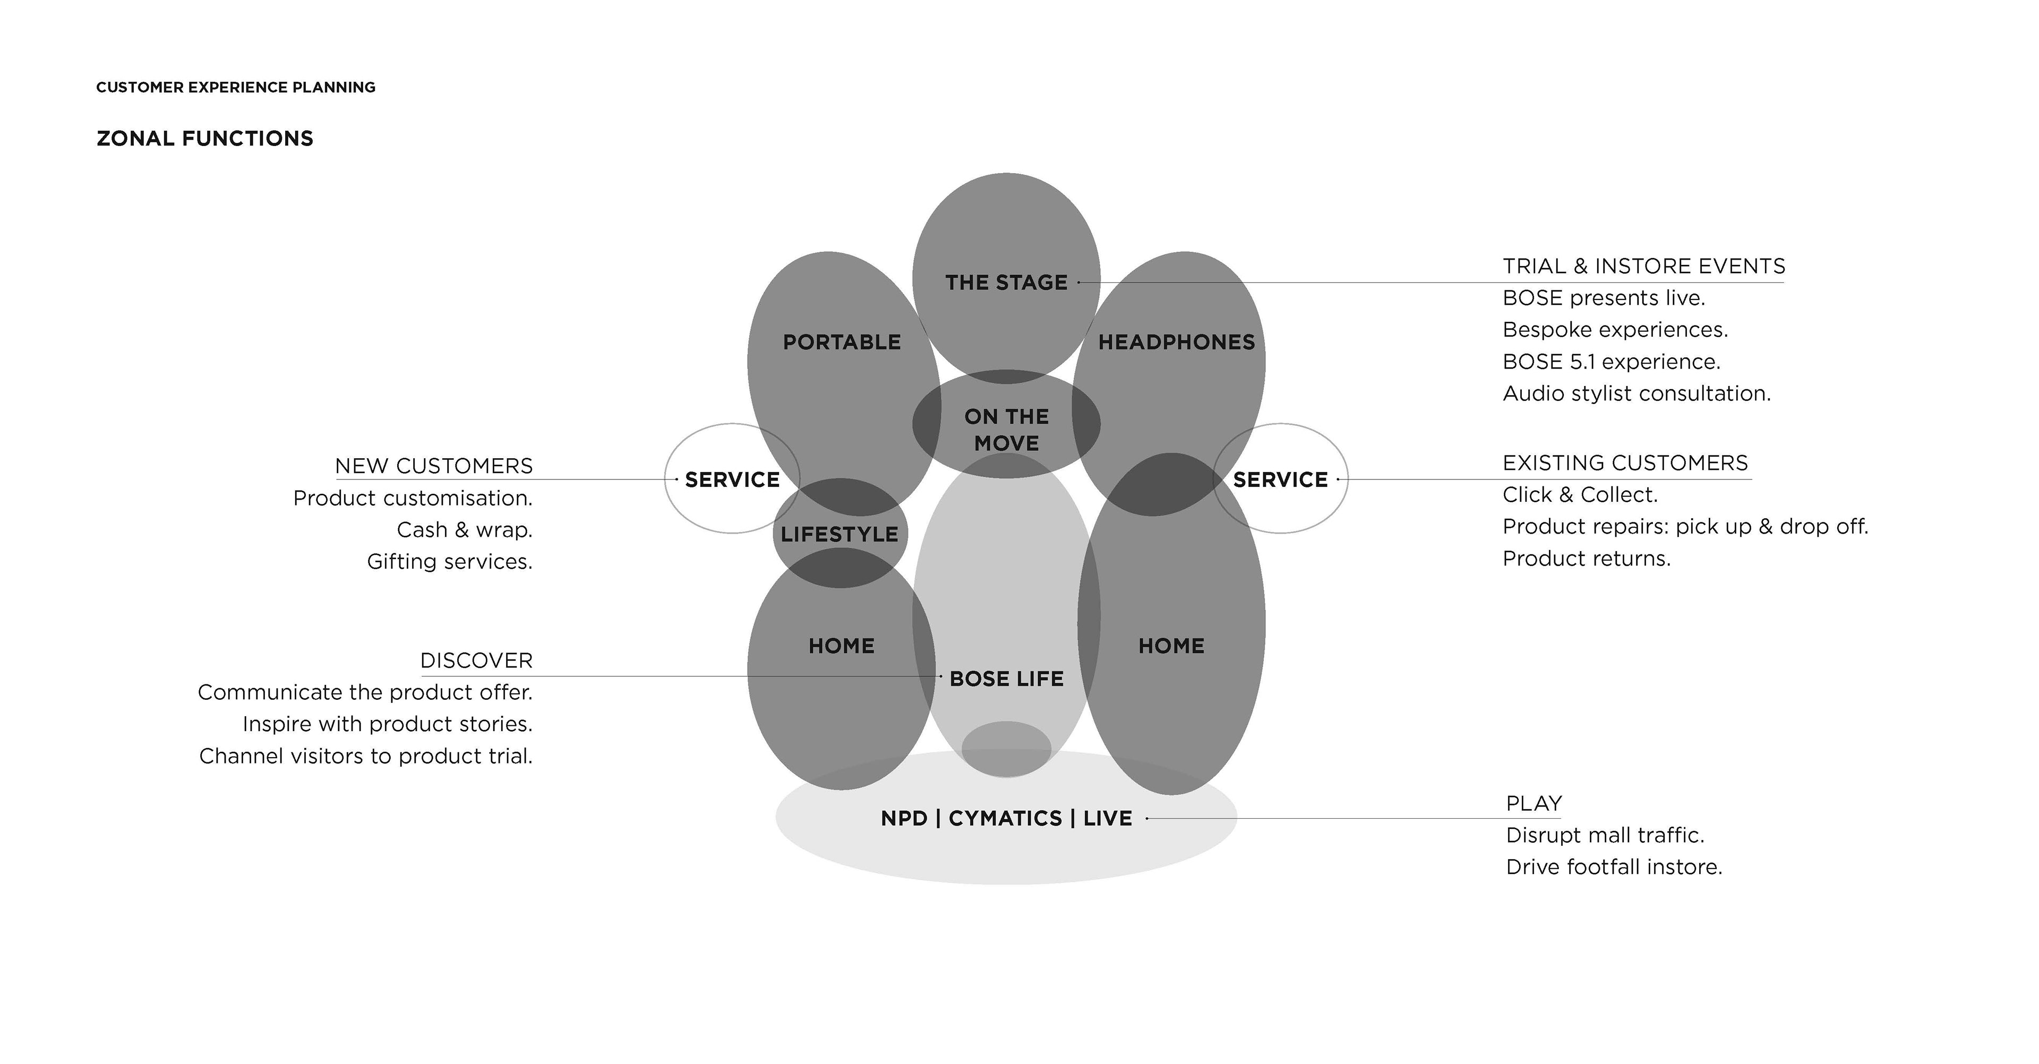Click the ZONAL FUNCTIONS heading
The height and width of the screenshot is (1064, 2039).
click(205, 139)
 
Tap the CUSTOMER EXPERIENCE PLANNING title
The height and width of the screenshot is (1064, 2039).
click(236, 87)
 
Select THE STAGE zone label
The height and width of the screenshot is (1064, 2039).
click(1006, 282)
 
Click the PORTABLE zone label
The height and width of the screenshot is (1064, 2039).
click(842, 342)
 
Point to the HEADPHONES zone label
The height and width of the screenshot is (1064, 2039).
click(1176, 342)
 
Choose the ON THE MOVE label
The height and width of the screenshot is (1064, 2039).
click(1006, 430)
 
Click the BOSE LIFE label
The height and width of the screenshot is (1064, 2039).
click(1006, 679)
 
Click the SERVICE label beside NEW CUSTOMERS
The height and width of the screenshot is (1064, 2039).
click(732, 480)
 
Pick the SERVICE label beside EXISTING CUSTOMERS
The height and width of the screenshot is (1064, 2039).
click(1280, 480)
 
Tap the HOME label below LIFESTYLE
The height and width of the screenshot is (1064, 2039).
click(842, 646)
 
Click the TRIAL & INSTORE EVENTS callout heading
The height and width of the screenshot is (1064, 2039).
click(1643, 266)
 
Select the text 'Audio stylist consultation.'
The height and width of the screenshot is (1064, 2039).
click(1636, 393)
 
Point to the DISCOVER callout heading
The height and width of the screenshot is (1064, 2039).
click(476, 660)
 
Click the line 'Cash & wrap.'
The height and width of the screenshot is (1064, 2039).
click(464, 530)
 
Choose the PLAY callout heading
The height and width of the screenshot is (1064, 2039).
click(1533, 803)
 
